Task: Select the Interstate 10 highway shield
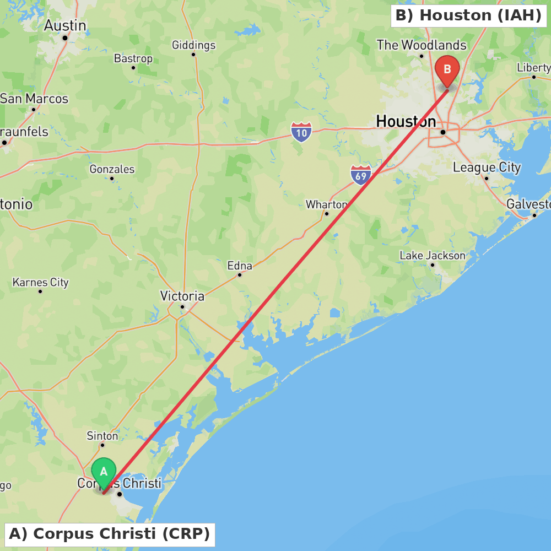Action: pyautogui.click(x=301, y=132)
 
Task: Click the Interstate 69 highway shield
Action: pyautogui.click(x=360, y=175)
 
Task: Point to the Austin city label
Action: pyautogui.click(x=65, y=25)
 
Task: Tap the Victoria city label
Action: pyautogui.click(x=182, y=296)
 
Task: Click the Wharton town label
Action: pyautogui.click(x=326, y=204)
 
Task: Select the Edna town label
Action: pyautogui.click(x=240, y=266)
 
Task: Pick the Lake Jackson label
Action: pyautogui.click(x=433, y=256)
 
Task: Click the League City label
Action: pyautogui.click(x=487, y=168)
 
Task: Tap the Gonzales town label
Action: pyautogui.click(x=112, y=169)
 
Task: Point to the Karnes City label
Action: pyautogui.click(x=40, y=282)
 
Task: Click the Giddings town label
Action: pyautogui.click(x=193, y=45)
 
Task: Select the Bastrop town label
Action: pyautogui.click(x=133, y=58)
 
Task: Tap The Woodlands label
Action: pyautogui.click(x=422, y=45)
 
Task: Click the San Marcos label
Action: pyautogui.click(x=34, y=99)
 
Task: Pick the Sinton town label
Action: pyautogui.click(x=102, y=436)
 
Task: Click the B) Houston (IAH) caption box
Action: pyautogui.click(x=468, y=15)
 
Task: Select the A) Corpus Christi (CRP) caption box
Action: pyautogui.click(x=109, y=534)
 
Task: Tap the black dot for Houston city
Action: pyautogui.click(x=442, y=132)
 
